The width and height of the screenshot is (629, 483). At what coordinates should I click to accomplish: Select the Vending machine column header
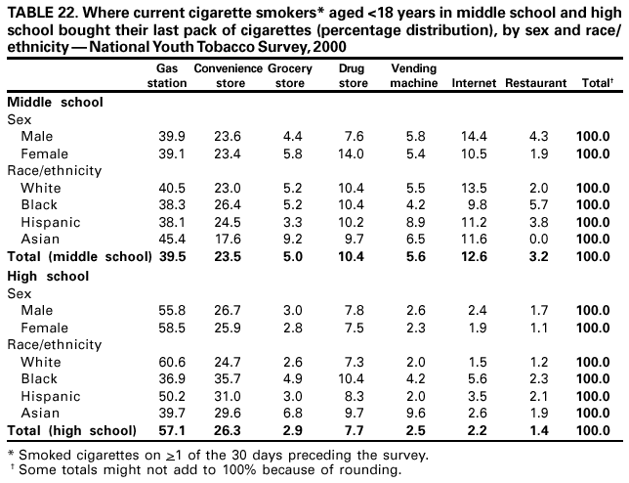coord(412,76)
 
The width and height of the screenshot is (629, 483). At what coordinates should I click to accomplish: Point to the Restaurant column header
coord(535,84)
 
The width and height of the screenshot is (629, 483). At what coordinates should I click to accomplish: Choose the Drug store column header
coord(353,76)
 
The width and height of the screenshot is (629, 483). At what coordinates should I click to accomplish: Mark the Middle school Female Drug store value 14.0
coord(354,153)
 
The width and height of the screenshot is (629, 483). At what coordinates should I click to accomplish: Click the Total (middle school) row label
coord(78,256)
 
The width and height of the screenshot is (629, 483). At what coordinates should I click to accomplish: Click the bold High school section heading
coord(48,276)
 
